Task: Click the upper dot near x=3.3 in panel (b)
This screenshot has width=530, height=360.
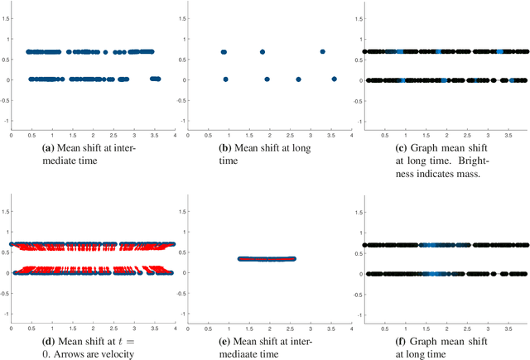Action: pyautogui.click(x=322, y=51)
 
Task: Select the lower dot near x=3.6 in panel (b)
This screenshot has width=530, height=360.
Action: pyautogui.click(x=334, y=79)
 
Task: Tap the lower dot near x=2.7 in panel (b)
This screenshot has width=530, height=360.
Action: pyautogui.click(x=298, y=79)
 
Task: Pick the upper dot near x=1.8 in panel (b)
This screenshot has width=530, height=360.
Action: pyautogui.click(x=263, y=51)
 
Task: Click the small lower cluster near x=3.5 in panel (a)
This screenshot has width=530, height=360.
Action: pyautogui.click(x=154, y=79)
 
